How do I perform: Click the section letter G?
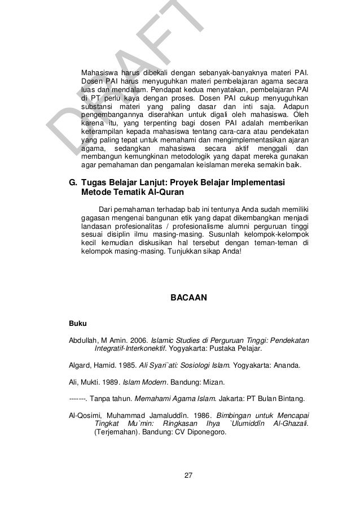coord(72,183)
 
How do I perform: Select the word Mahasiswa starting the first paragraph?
coord(100,73)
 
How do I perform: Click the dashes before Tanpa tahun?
coord(77,399)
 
